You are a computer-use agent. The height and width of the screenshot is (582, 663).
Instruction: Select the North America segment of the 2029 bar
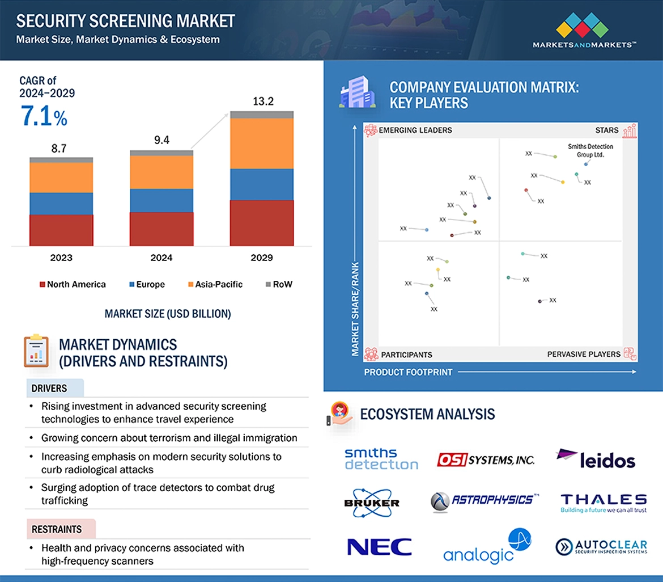point(261,223)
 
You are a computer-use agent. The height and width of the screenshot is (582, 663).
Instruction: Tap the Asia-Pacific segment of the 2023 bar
point(61,178)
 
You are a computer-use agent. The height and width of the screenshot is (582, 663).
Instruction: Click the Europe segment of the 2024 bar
point(161,200)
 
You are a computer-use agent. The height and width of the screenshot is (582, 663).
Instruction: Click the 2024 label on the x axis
point(161,258)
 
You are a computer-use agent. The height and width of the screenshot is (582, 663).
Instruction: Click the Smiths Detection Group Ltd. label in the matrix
point(590,150)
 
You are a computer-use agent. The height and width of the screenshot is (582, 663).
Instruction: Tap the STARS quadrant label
point(606,130)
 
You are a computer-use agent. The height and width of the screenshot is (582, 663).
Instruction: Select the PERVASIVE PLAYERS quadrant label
point(584,355)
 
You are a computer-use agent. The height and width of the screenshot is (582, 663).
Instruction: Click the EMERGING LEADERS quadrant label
point(415,130)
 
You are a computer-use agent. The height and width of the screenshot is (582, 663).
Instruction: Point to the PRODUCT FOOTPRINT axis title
point(408,372)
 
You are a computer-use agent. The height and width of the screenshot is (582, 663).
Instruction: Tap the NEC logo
point(379,547)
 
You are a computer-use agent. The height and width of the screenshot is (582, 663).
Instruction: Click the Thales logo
point(603,503)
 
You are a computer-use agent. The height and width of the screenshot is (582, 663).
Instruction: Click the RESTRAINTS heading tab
point(57,529)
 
